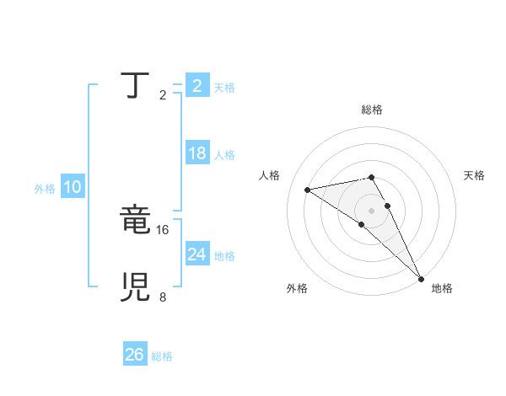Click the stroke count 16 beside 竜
[164, 229]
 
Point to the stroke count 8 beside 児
[162, 297]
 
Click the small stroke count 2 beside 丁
[162, 95]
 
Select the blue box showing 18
[196, 153]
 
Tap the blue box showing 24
[196, 254]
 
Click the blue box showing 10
[72, 188]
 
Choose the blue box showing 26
[134, 355]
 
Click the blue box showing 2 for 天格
[196, 86]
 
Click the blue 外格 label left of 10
[45, 189]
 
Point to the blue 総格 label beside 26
[162, 356]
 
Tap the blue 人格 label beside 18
[224, 155]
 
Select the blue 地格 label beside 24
[224, 256]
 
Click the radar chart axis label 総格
[371, 110]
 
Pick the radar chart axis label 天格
[474, 175]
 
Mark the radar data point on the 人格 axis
[308, 190]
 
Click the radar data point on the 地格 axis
[421, 278]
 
